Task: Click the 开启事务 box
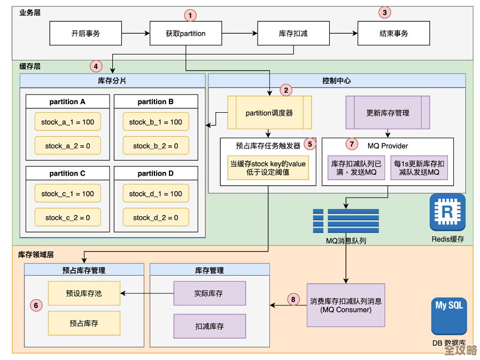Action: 86,33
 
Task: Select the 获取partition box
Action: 185,33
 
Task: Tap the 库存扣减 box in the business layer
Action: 293,33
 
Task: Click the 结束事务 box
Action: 393,33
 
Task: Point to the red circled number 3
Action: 385,12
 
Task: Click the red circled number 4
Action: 96,66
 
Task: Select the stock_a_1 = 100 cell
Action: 67,122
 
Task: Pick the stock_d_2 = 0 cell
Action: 156,217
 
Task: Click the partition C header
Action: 67,173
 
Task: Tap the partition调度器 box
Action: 269,113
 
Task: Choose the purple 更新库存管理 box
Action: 388,113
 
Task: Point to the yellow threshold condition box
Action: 268,168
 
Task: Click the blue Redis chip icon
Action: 447,212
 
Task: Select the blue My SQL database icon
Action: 449,316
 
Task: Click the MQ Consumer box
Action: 346,305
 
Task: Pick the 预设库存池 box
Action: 84,293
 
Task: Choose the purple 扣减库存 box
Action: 210,326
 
